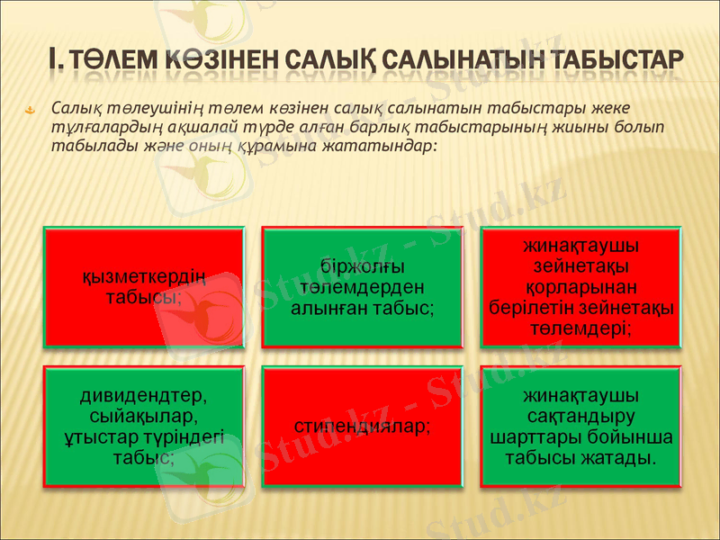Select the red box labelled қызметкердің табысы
(x=144, y=287)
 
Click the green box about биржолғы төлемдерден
(x=363, y=287)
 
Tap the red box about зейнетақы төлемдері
(x=580, y=287)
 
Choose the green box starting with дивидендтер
(x=144, y=427)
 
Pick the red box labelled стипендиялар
(x=363, y=427)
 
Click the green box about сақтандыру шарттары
(x=580, y=427)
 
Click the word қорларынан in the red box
(x=580, y=287)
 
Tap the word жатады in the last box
(x=625, y=458)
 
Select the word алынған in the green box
(x=328, y=308)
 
